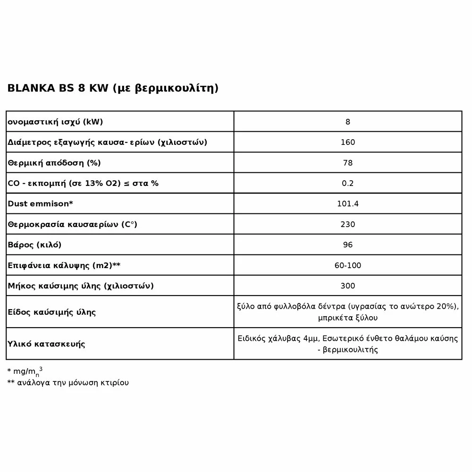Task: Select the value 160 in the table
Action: click(348, 142)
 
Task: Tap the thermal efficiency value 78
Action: click(348, 163)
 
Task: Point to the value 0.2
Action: click(348, 183)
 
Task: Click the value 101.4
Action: click(348, 204)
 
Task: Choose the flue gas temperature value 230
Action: click(348, 224)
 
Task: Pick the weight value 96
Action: click(348, 245)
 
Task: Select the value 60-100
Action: click(348, 265)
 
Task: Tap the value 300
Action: click(348, 286)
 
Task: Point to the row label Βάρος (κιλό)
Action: click(34, 245)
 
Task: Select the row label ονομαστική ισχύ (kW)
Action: click(55, 122)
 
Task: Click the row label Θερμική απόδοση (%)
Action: click(54, 163)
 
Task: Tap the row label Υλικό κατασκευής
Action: click(46, 344)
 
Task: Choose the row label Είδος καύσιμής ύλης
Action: click(52, 312)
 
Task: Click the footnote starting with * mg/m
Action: click(28, 371)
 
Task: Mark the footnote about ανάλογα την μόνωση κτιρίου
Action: click(68, 382)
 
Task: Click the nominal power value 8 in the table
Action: click(348, 122)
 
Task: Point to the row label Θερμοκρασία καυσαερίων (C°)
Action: click(72, 224)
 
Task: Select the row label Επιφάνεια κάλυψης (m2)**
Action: click(64, 265)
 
